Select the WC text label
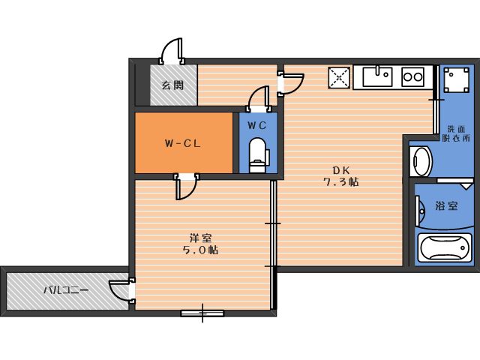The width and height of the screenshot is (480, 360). coord(257,124)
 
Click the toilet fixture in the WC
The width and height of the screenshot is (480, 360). coord(257,154)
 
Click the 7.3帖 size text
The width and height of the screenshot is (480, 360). coord(340,181)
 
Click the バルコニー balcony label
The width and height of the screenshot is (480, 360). coord(65,289)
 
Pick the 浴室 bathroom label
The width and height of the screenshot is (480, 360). coord(447,205)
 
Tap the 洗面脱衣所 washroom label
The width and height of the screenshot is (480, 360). coord(454,133)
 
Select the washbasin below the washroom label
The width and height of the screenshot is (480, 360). coord(420,161)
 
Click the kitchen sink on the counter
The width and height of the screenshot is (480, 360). coord(378,76)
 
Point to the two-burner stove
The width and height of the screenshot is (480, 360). coord(412,76)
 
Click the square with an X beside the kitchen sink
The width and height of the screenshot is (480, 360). coord(339,77)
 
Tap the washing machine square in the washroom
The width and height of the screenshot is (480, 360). coord(454,78)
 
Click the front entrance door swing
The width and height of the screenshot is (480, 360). coord(172,51)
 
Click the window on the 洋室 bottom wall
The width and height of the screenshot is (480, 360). coord(202,312)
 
